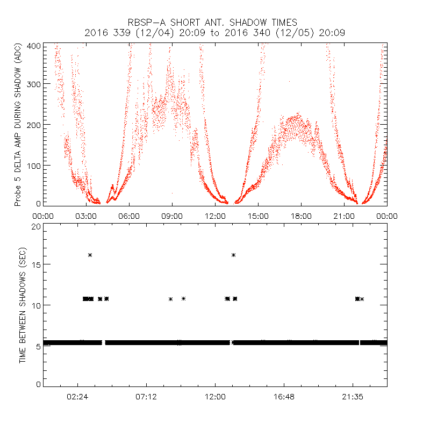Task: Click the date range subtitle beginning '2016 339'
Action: [x=214, y=33]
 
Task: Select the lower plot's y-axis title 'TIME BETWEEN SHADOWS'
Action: [x=23, y=305]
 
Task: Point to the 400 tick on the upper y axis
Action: [x=34, y=46]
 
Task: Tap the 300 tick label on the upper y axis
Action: [x=34, y=84]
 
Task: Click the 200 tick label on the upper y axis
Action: [x=34, y=125]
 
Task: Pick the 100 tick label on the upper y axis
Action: [x=34, y=165]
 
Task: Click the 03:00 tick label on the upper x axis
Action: [x=86, y=216]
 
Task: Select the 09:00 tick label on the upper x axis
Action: [x=172, y=216]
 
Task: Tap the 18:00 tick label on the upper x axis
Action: [x=301, y=216]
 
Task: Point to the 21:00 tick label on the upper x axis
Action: [x=344, y=216]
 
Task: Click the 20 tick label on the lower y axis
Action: [x=35, y=226]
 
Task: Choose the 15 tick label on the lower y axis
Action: [x=35, y=264]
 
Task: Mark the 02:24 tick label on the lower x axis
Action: [x=78, y=397]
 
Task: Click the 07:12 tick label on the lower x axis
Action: [x=147, y=397]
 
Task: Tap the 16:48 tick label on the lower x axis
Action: [x=284, y=397]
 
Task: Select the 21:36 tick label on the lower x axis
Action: [x=353, y=397]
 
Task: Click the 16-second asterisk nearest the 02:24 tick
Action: [x=90, y=255]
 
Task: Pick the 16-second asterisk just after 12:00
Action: [x=233, y=255]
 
